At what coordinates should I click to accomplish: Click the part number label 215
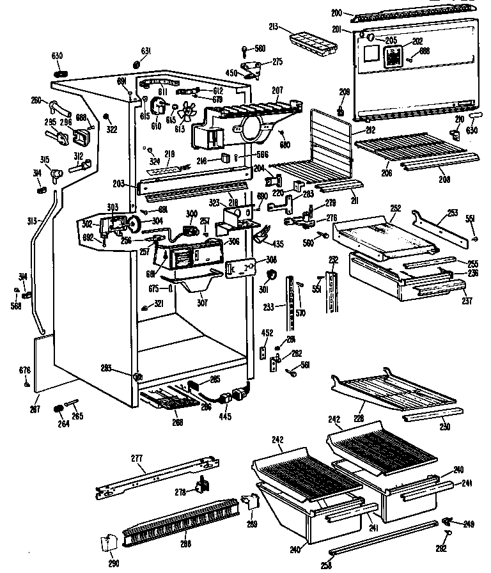(273, 27)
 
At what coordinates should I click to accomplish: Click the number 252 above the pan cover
(395, 208)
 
